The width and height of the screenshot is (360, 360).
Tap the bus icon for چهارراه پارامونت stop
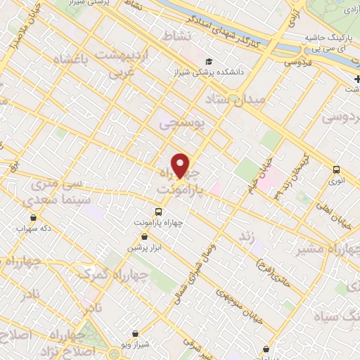158,211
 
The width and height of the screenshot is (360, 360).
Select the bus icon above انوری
336,169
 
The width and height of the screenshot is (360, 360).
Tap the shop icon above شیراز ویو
136,334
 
